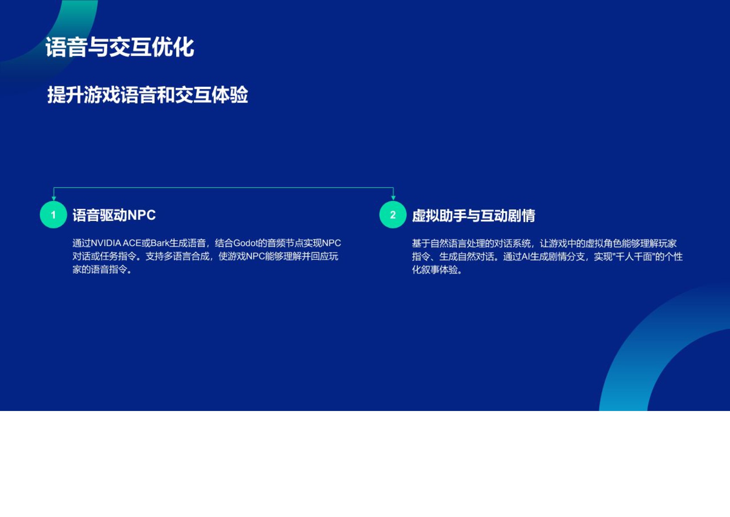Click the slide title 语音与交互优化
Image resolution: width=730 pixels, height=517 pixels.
click(x=119, y=47)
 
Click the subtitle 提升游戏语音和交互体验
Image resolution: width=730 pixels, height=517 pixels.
click(x=148, y=95)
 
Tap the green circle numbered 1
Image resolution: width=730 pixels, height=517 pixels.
click(x=53, y=215)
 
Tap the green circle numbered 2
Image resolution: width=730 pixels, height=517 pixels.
click(x=393, y=215)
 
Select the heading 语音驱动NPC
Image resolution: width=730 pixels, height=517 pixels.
click(x=114, y=215)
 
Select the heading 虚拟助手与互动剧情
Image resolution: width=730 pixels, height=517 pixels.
click(x=473, y=215)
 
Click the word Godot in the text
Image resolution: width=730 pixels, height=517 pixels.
click(x=245, y=243)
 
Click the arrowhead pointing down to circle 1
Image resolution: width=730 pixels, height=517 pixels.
click(x=54, y=198)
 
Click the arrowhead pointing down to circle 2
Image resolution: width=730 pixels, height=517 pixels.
click(x=393, y=198)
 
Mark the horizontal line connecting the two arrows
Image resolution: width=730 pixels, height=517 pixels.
click(x=224, y=188)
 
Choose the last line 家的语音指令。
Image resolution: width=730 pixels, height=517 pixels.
click(x=102, y=269)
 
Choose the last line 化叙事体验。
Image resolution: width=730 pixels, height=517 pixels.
click(x=437, y=270)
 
